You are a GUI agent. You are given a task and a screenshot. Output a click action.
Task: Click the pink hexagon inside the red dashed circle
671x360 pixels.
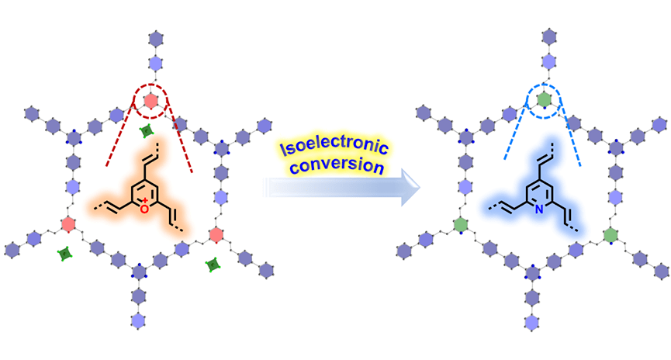tap(152, 100)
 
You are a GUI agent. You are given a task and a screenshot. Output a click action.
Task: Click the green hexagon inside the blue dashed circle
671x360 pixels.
tap(545, 99)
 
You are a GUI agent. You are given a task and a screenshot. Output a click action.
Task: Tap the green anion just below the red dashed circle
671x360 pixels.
tap(145, 131)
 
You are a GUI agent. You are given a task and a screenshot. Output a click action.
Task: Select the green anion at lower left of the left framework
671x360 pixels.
tap(66, 254)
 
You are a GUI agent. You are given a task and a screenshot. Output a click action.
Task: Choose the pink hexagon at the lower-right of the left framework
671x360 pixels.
tap(216, 233)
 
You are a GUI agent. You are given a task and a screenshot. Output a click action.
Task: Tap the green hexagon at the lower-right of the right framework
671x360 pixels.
tap(609, 233)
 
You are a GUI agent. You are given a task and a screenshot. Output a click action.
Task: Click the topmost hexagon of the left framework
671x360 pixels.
tap(152, 36)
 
